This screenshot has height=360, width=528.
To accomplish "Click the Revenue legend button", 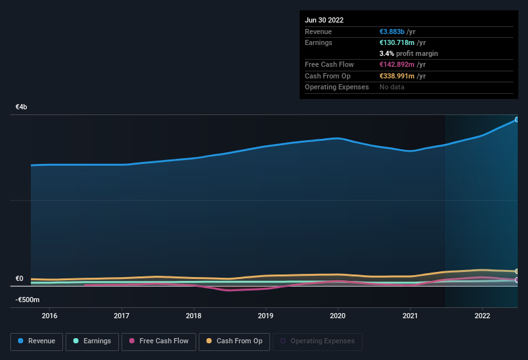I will tap(37, 341).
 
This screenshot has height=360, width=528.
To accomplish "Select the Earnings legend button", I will tap(93, 341).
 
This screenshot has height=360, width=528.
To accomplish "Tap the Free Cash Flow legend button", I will tap(158, 341).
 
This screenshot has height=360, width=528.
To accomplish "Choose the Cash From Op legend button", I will tap(234, 341).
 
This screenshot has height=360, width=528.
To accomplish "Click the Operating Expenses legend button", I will tap(317, 341).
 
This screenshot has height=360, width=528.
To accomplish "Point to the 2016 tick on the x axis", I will tap(50, 316).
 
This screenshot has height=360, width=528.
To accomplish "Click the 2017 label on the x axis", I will tap(122, 316).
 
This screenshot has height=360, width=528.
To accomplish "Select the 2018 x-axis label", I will tap(194, 316).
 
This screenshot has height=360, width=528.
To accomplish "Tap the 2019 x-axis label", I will tap(266, 316).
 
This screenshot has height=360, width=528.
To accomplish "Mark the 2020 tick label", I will tap(338, 316).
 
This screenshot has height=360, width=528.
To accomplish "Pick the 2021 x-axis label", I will tap(410, 316).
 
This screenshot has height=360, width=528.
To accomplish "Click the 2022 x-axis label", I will tap(482, 316).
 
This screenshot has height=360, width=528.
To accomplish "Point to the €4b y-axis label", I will tap(22, 107).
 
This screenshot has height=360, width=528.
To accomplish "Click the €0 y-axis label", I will tap(19, 279).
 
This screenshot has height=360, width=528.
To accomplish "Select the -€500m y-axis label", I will tap(28, 300).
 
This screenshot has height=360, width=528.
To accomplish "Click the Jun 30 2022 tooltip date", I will tap(324, 20).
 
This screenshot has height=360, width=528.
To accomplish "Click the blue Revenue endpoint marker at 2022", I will tap(516, 120).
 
